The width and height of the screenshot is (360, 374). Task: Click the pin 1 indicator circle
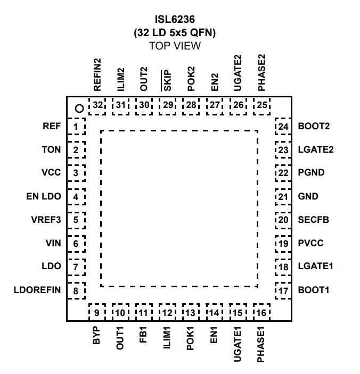[x=79, y=109]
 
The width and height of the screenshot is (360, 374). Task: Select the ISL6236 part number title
[x=175, y=19]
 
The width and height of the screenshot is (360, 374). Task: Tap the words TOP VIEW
[x=175, y=46]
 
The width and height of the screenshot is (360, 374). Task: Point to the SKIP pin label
[x=167, y=81]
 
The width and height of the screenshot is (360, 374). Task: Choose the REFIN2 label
[x=97, y=74]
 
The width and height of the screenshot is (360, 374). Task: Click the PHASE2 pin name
[x=261, y=72]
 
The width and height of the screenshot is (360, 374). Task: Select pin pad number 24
[x=283, y=126]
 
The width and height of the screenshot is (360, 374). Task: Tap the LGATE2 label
[x=316, y=149]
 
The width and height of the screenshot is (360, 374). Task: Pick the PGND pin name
[x=311, y=172]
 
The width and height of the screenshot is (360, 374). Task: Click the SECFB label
[x=314, y=220]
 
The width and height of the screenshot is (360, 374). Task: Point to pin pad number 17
[x=283, y=291]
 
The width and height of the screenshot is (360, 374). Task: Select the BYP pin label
[x=96, y=335]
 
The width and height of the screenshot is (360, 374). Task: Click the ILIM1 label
[x=167, y=338]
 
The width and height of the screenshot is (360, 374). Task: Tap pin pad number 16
[x=261, y=312]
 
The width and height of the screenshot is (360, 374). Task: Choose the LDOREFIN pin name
[x=37, y=290]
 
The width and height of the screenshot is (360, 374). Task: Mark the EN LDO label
[x=44, y=196]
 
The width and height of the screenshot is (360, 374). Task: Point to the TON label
[x=51, y=149]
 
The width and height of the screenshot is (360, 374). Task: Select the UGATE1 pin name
[x=238, y=344]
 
